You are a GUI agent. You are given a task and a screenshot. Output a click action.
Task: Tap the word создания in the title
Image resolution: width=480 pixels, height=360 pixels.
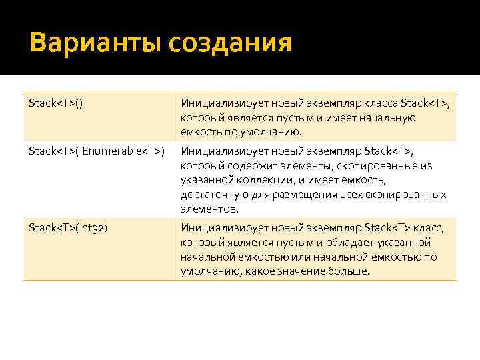[x=231, y=44]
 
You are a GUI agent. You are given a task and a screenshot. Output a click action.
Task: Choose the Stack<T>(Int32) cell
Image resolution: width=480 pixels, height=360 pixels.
[x=69, y=227]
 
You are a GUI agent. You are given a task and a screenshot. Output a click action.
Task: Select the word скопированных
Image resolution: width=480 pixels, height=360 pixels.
[x=407, y=194]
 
